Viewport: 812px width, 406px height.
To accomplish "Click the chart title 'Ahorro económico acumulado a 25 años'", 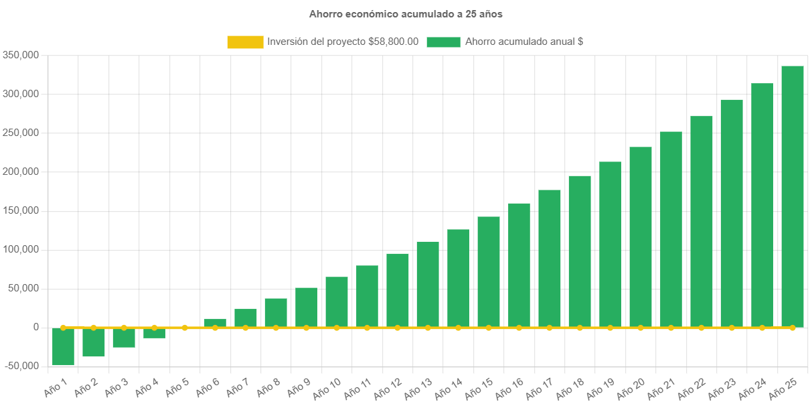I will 406,13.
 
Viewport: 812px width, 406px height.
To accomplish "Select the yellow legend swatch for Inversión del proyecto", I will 245,42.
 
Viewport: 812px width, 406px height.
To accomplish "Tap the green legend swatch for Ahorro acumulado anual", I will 442,42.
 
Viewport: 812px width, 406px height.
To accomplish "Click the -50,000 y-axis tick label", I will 21,366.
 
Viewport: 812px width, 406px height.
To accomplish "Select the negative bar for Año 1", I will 63,346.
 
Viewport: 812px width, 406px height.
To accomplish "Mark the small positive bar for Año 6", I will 215,323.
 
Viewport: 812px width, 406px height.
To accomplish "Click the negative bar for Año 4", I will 154,333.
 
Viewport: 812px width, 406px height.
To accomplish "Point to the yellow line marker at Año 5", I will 185,328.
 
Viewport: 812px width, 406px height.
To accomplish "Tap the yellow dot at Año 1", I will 63,328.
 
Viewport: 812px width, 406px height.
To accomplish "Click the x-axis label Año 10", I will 327,387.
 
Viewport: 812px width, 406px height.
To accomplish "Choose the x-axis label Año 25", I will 783,387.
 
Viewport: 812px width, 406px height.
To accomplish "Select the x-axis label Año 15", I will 479,387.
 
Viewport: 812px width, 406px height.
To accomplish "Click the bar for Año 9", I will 306,308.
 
